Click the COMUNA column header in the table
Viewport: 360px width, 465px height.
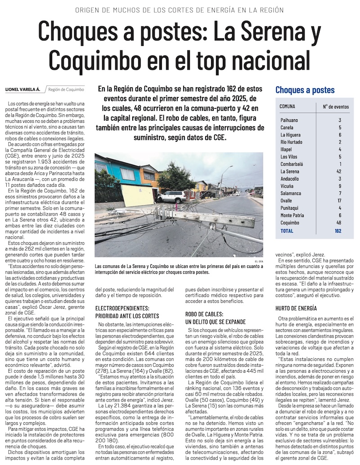tap(288, 107)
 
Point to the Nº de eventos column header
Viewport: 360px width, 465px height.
tap(336, 107)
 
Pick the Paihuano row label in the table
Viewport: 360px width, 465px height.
tap(289, 120)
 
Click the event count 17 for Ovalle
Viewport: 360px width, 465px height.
tap(340, 201)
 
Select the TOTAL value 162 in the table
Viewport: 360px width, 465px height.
tap(338, 231)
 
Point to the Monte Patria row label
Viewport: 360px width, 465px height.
tap(292, 216)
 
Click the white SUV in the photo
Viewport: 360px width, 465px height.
tap(171, 196)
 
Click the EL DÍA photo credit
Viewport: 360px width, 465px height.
tap(258, 261)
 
